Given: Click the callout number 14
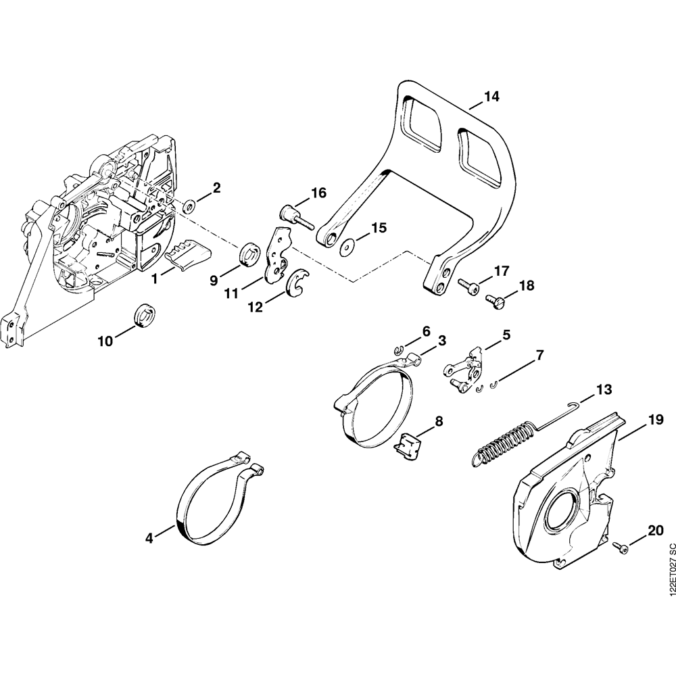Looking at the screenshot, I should tap(491, 97).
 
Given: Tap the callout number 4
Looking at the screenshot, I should tap(149, 538).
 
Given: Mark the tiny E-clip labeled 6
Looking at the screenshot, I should tap(400, 349).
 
